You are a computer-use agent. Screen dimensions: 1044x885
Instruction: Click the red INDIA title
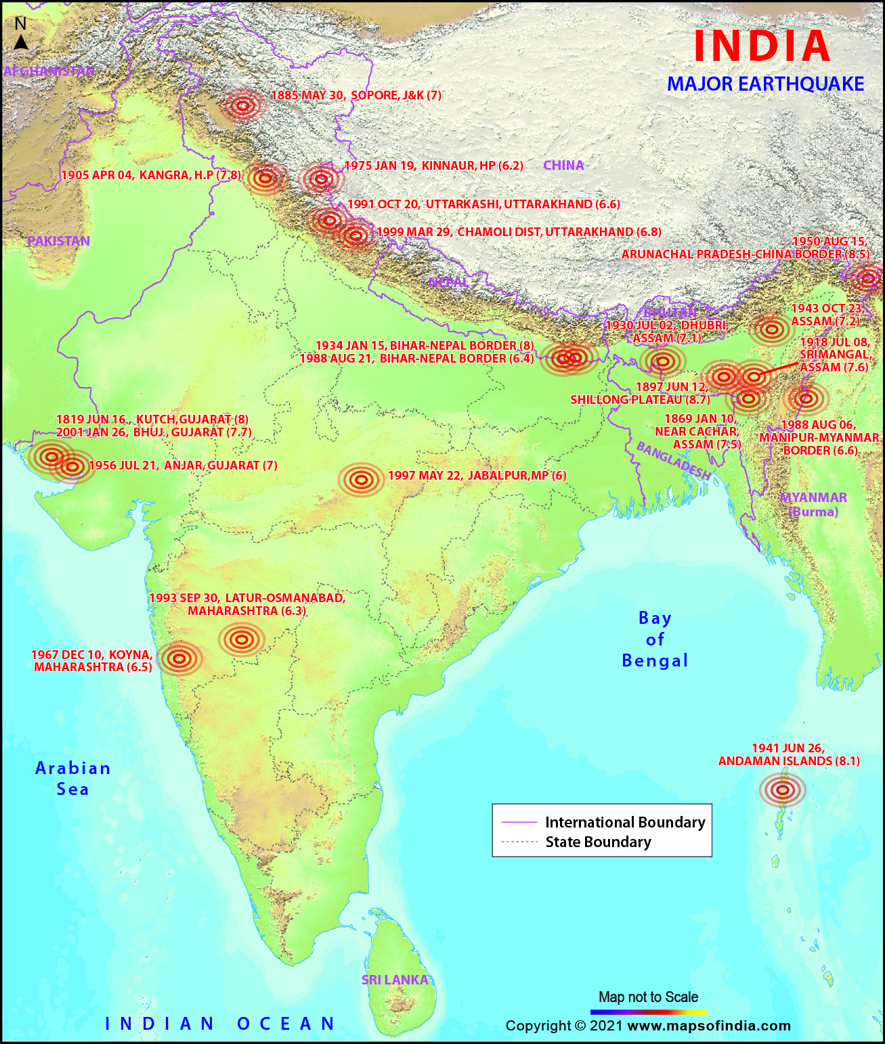(762, 46)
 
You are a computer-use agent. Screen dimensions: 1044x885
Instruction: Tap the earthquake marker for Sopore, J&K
(243, 106)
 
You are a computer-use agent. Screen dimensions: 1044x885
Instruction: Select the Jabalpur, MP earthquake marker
(362, 480)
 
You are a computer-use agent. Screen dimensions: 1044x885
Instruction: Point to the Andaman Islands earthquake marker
(782, 790)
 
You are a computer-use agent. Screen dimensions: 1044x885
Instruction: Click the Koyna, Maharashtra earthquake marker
(179, 658)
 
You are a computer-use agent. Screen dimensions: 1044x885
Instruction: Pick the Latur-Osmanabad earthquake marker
(242, 639)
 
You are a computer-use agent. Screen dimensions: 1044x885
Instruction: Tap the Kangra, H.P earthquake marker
(265, 179)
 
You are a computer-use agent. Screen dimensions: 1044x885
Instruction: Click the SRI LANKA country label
(395, 980)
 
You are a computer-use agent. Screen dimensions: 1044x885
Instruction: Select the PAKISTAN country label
(58, 241)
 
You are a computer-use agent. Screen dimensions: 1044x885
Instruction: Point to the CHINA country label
(563, 165)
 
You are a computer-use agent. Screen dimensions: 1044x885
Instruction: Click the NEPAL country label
(448, 281)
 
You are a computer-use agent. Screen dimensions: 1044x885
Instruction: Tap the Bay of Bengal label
(654, 639)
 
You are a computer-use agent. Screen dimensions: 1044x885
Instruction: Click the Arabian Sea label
(72, 778)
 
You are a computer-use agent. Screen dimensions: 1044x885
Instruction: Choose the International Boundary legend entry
(624, 822)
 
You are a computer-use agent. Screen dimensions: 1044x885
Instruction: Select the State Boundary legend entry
(598, 842)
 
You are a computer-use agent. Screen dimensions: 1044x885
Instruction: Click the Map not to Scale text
(648, 997)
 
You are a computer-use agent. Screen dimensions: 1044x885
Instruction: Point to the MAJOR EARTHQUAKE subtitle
(765, 84)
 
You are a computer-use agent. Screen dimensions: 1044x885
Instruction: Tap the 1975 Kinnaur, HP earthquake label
(433, 166)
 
